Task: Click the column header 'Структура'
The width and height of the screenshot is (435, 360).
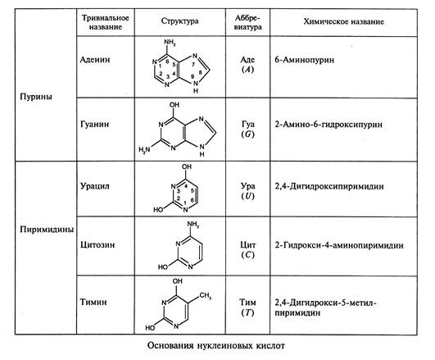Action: (x=179, y=21)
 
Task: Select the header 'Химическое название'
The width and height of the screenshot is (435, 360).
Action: (x=343, y=21)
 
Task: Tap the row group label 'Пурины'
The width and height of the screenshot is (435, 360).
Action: (x=36, y=97)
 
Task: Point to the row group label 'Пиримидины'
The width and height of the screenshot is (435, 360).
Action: (x=47, y=230)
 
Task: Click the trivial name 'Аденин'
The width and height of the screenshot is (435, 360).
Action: (x=95, y=59)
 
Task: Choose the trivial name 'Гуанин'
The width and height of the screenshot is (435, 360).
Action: (x=94, y=124)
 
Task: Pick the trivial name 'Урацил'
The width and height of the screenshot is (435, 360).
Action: (x=95, y=186)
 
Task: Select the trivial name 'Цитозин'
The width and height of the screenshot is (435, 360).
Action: (x=97, y=245)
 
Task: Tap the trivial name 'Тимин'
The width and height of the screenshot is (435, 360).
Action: (x=93, y=302)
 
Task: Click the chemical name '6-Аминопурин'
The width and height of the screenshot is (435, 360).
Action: (x=304, y=60)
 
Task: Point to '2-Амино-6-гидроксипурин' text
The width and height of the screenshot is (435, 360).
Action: (x=329, y=125)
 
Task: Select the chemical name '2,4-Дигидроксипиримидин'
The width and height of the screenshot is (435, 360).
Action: (x=329, y=186)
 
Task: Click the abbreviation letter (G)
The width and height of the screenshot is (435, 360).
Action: (x=247, y=134)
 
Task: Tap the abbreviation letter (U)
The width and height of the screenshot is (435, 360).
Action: (x=247, y=196)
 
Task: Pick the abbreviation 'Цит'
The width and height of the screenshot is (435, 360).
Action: (x=247, y=245)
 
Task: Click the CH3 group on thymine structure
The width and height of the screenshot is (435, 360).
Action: (x=205, y=295)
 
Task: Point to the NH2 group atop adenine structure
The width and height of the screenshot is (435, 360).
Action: (x=170, y=43)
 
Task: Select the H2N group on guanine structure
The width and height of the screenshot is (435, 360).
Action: (x=144, y=150)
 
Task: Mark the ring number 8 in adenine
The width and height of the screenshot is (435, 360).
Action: (x=201, y=72)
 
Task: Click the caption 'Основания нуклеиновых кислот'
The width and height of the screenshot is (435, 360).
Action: (x=215, y=346)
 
